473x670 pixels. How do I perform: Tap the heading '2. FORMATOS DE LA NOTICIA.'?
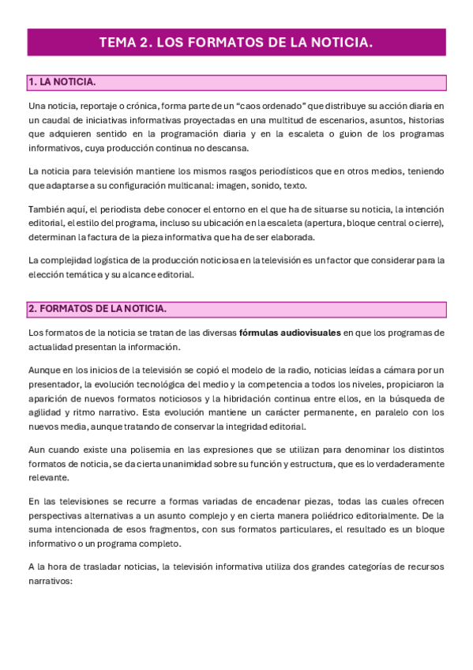click(x=97, y=309)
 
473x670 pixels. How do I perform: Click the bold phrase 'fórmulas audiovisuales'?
click(x=290, y=333)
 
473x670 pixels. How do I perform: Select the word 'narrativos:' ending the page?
click(x=50, y=582)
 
